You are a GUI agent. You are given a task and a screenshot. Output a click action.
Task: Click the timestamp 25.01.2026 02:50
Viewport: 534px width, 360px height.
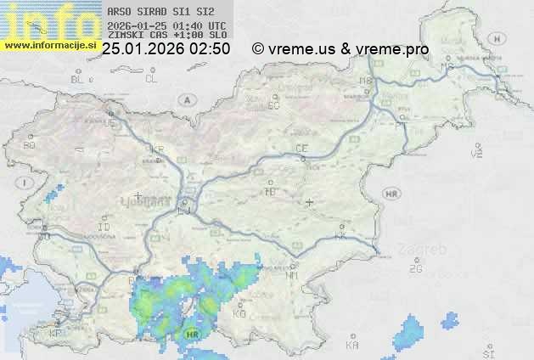click(x=166, y=49)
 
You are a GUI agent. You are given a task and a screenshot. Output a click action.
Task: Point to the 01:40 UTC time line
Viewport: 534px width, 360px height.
click(x=167, y=25)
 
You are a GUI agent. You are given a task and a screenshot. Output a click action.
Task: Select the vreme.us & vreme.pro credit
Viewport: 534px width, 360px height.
click(x=340, y=49)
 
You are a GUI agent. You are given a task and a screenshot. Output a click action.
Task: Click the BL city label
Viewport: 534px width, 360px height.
click(x=78, y=79)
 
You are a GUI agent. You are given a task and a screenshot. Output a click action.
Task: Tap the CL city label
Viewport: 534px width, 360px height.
click(x=151, y=79)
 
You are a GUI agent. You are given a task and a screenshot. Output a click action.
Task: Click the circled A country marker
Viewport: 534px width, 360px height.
click(x=185, y=99)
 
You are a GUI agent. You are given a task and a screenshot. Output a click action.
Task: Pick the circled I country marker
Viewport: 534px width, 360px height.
click(x=26, y=183)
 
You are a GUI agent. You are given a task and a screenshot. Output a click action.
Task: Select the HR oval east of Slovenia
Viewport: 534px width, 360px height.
click(x=392, y=194)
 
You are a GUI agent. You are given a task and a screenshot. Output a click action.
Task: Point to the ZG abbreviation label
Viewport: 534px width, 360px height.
click(x=415, y=269)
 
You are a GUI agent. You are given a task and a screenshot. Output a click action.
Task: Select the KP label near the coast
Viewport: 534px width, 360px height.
click(x=55, y=334)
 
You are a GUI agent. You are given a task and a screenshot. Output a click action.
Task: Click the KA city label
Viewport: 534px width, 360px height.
click(x=352, y=346)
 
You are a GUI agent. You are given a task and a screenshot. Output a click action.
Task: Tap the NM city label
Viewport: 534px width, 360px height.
click(x=293, y=275)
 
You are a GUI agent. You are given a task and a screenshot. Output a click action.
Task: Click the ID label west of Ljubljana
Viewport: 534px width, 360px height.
click(x=104, y=228)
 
